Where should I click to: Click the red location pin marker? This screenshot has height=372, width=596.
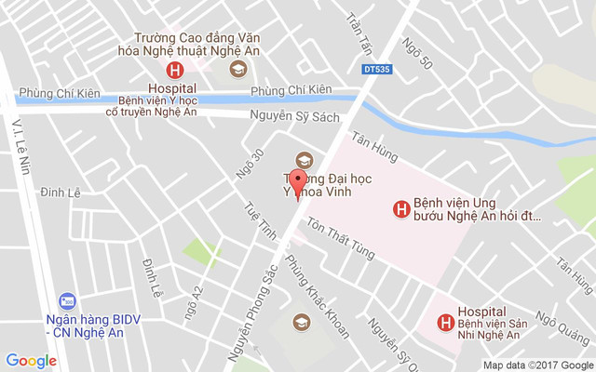(298, 183)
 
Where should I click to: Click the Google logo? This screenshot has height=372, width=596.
(31, 361)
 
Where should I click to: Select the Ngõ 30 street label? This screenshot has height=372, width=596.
(245, 165)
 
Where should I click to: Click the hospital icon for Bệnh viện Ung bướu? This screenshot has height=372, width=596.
(400, 209)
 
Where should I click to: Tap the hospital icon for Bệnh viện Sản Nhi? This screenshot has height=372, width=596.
(445, 324)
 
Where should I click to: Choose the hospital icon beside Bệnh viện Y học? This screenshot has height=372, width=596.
(173, 71)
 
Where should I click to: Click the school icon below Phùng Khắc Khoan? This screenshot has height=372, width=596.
(301, 322)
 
